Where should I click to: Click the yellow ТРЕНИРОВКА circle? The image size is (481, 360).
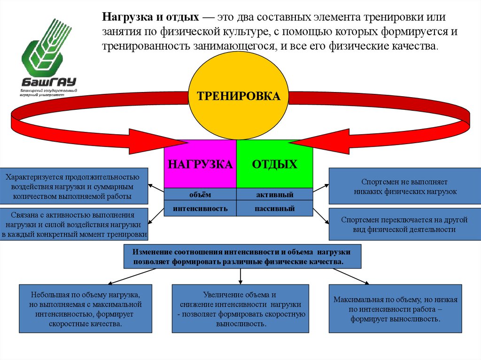click(x=238, y=97)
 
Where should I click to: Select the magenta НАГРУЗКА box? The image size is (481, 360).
click(x=200, y=164)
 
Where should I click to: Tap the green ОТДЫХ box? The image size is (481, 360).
click(x=275, y=164)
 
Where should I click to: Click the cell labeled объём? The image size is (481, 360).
click(x=200, y=194)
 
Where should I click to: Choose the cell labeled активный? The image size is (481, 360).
click(x=275, y=194)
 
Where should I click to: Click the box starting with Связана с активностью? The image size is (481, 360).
click(x=74, y=224)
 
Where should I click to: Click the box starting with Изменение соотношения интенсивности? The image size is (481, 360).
click(x=242, y=256)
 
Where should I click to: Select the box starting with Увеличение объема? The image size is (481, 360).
click(x=240, y=309)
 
